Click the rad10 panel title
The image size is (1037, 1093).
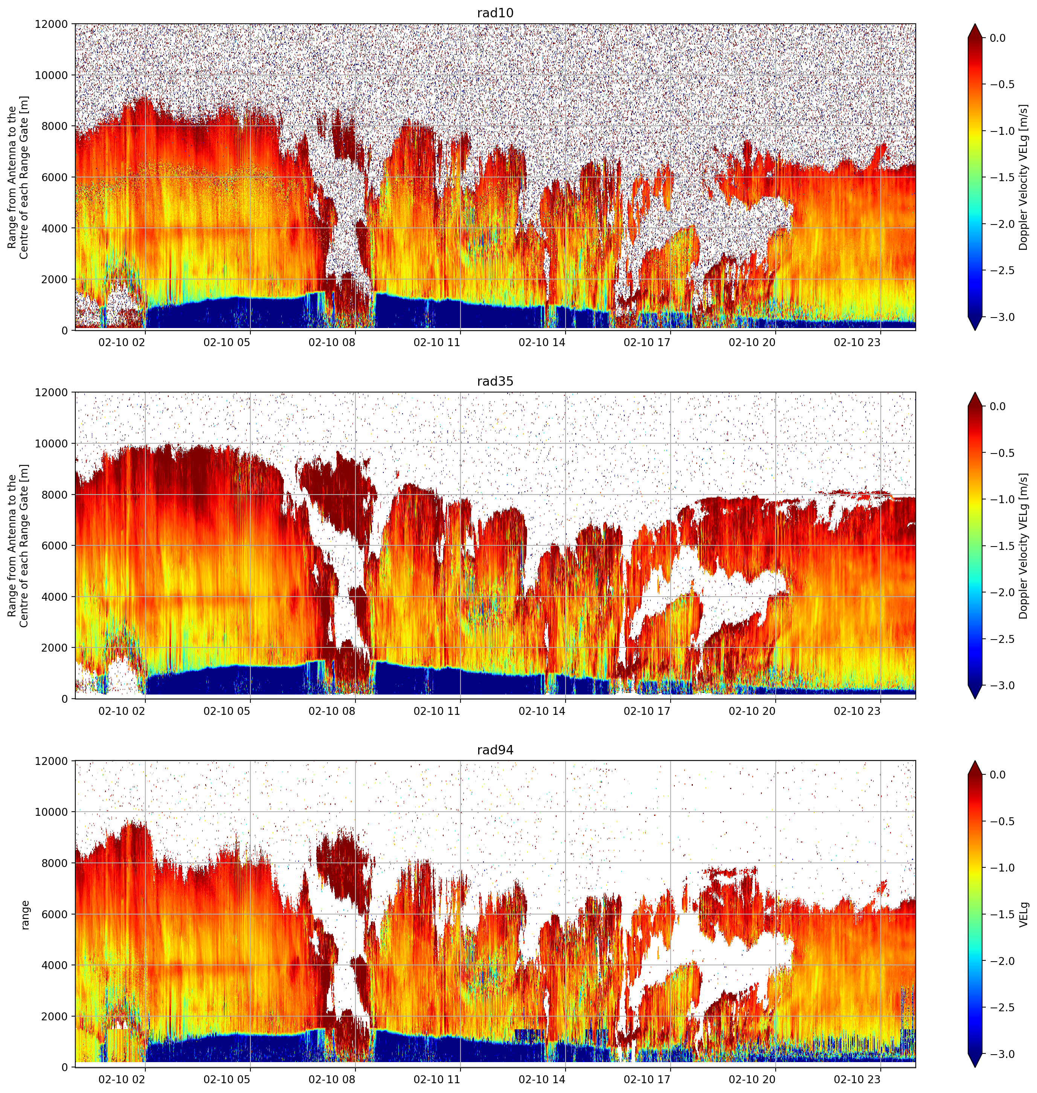click(495, 13)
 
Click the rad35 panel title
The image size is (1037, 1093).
click(495, 382)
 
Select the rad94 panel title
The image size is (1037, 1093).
click(495, 750)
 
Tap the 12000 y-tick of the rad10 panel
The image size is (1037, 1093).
click(52, 24)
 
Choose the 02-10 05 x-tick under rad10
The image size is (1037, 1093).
click(227, 342)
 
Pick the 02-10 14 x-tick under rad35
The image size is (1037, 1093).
click(542, 711)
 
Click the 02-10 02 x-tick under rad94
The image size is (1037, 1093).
click(122, 1080)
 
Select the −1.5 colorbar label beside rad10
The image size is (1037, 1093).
click(999, 177)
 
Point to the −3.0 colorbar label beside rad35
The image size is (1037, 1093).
click(999, 685)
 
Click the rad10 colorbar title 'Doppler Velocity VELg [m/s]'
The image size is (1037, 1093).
click(1023, 177)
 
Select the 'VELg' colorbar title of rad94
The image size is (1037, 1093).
click(1023, 914)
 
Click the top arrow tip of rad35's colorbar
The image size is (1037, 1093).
click(976, 392)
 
